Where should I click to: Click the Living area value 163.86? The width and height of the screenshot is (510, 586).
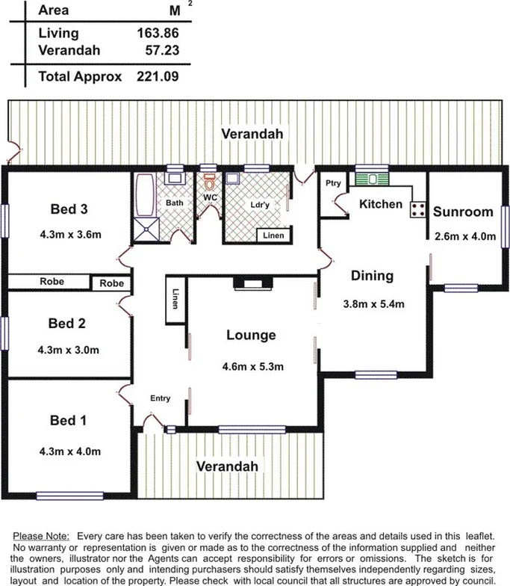pyautogui.click(x=158, y=34)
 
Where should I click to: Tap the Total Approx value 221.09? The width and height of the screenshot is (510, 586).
pyautogui.click(x=158, y=75)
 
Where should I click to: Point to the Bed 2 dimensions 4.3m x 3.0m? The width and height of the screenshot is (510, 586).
pyautogui.click(x=69, y=349)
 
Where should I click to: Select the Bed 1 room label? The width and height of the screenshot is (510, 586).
pyautogui.click(x=68, y=421)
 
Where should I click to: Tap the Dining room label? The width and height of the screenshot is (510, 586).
pyautogui.click(x=372, y=276)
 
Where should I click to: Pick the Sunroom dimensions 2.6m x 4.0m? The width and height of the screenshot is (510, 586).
pyautogui.click(x=464, y=237)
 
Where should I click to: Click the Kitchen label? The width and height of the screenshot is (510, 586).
pyautogui.click(x=381, y=204)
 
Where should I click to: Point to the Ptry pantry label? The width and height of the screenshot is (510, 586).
pyautogui.click(x=332, y=184)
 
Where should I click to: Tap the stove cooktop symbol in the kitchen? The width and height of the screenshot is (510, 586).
pyautogui.click(x=417, y=210)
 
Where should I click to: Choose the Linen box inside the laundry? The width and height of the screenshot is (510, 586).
pyautogui.click(x=274, y=235)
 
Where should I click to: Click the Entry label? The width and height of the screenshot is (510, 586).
pyautogui.click(x=160, y=398)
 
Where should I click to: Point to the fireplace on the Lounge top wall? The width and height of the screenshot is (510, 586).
pyautogui.click(x=247, y=282)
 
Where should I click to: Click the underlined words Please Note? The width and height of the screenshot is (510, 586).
pyautogui.click(x=42, y=537)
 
